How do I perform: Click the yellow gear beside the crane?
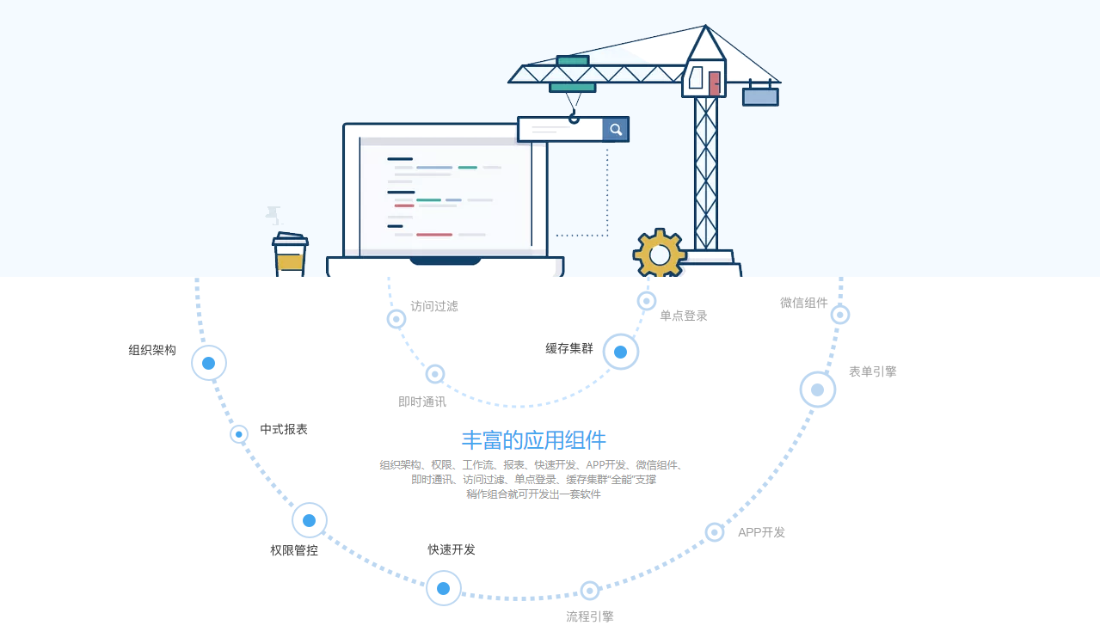click(660, 254)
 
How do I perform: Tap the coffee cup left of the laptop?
click(290, 255)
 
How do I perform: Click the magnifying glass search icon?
click(616, 130)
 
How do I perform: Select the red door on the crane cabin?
click(715, 83)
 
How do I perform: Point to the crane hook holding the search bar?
click(573, 118)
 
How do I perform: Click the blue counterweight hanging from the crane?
click(760, 96)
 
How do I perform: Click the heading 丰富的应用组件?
click(534, 440)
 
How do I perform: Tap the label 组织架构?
click(152, 350)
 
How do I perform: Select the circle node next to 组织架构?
click(209, 363)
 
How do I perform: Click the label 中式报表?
click(284, 430)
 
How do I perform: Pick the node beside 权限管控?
click(310, 520)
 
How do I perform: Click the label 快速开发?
click(452, 549)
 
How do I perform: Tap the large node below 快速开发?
click(444, 588)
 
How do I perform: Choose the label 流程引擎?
click(590, 616)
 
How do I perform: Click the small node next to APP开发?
click(715, 532)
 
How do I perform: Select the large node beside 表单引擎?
click(818, 389)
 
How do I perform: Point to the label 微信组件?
click(804, 303)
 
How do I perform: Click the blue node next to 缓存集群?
click(621, 352)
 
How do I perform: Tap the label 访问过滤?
click(434, 306)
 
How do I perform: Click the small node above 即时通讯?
click(435, 374)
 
